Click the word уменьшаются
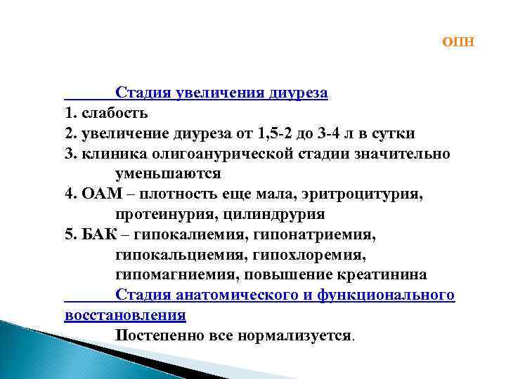click(x=168, y=173)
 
